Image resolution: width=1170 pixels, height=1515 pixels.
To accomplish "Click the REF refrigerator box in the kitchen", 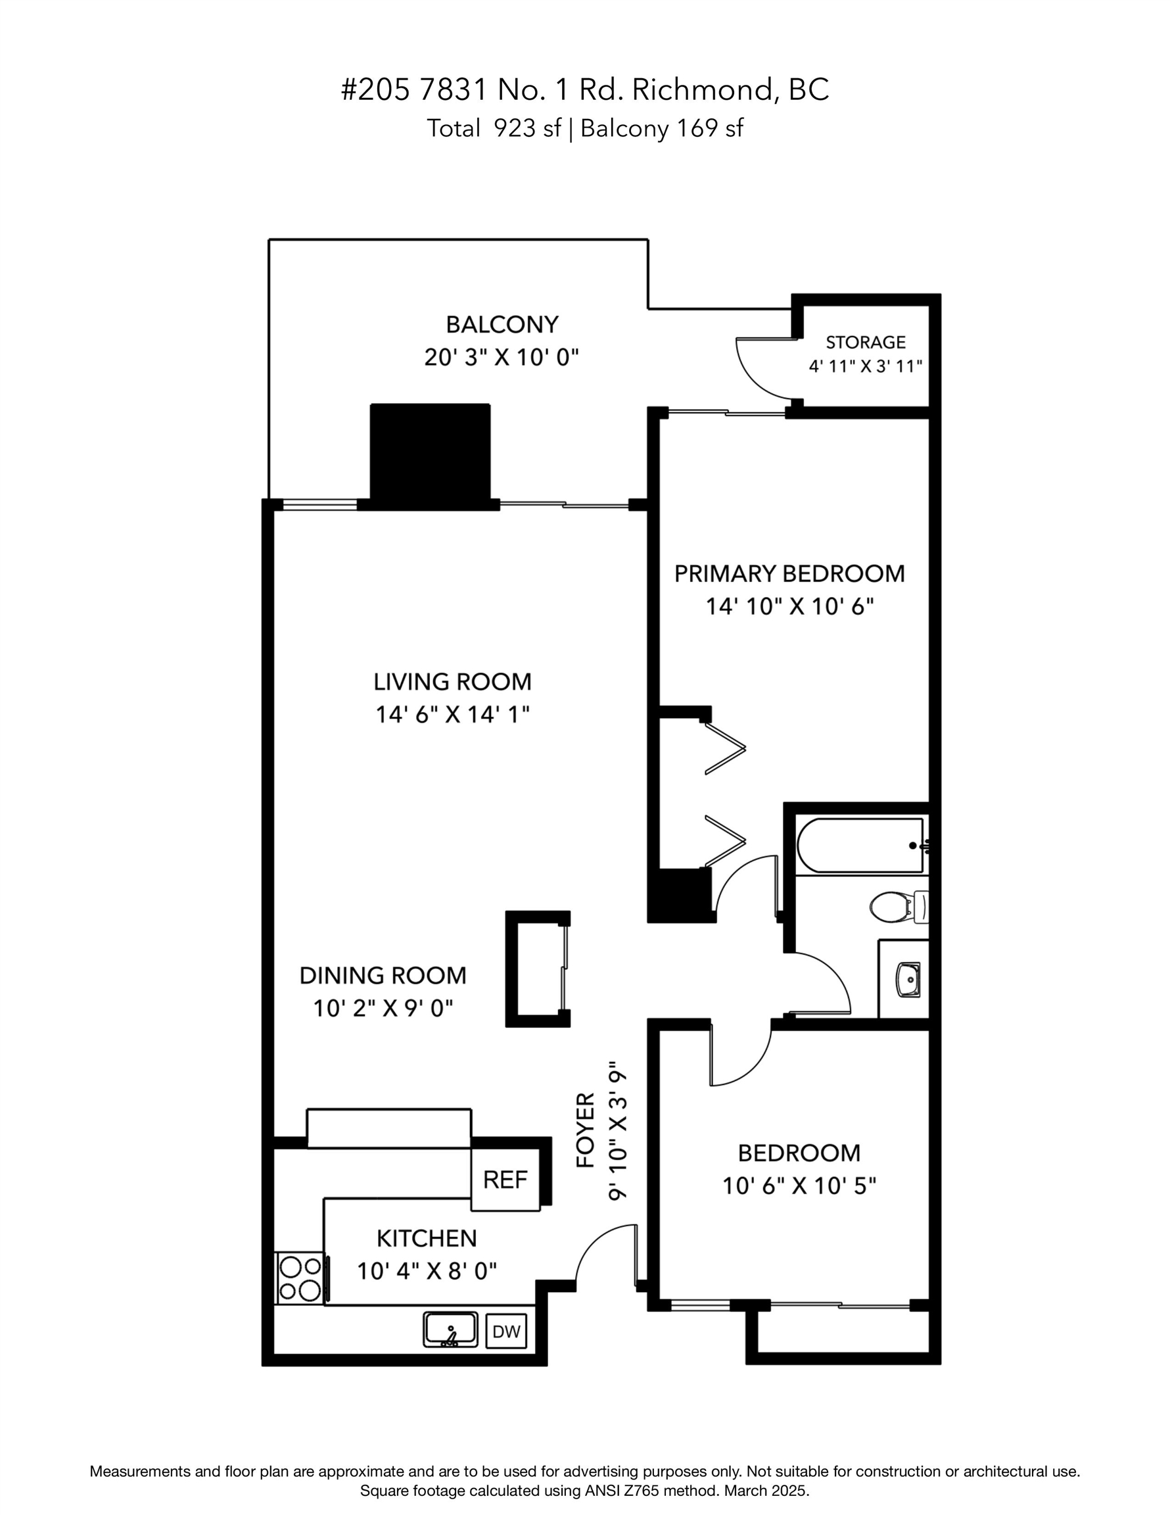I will click(505, 1179).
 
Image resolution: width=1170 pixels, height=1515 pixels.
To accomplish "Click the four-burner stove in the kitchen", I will click(300, 1279).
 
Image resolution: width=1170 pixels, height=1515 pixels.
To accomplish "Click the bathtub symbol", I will click(860, 845).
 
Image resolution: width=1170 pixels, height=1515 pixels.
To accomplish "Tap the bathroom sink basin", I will click(908, 979).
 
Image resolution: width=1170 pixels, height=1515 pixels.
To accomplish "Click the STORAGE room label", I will click(866, 342).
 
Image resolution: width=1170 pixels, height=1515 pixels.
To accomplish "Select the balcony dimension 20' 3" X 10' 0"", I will click(502, 358).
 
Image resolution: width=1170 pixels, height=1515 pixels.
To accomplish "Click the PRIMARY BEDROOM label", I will click(789, 573).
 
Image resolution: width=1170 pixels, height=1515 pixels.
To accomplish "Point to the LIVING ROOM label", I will click(452, 682).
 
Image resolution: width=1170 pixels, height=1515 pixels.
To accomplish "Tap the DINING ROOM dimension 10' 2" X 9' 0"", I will click(383, 1008).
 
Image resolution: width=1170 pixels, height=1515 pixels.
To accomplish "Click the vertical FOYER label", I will click(586, 1130).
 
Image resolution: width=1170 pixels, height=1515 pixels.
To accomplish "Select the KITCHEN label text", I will click(427, 1238).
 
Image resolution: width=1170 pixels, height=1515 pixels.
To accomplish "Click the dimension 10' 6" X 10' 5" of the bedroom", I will click(799, 1186).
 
